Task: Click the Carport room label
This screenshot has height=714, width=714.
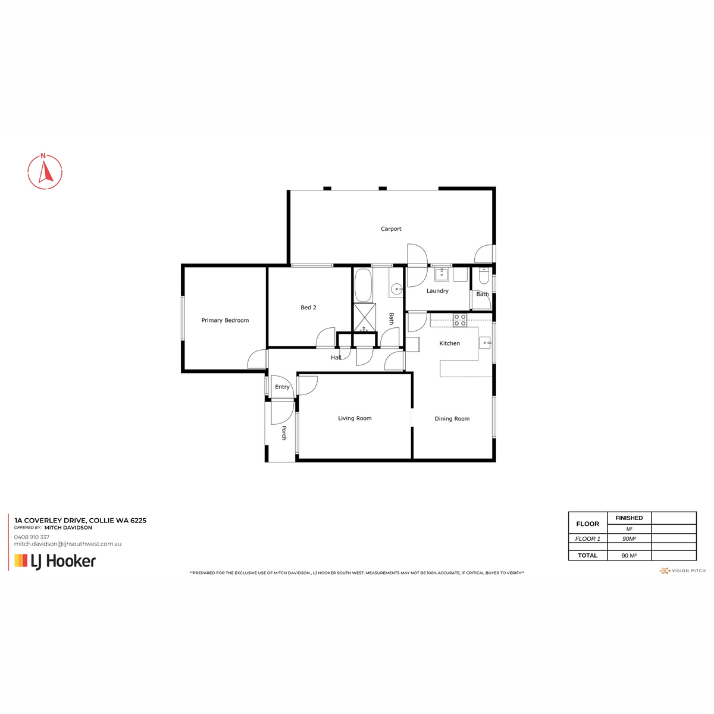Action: (x=391, y=229)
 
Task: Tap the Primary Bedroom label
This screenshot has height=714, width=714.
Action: (x=225, y=321)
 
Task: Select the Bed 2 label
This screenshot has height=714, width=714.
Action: (x=308, y=308)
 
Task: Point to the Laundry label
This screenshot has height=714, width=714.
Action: (x=437, y=291)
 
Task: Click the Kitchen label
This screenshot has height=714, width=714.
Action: (x=449, y=343)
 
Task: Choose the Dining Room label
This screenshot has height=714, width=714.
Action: (x=452, y=419)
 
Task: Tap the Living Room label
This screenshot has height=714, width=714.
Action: (x=355, y=418)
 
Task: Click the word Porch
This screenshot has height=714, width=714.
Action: (x=284, y=433)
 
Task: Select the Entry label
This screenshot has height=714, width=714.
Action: (x=282, y=387)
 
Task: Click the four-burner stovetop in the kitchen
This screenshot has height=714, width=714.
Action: (x=460, y=320)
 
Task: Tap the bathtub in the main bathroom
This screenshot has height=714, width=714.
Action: (x=363, y=285)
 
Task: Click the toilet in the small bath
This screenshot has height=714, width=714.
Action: (x=484, y=275)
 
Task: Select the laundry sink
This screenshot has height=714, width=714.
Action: (x=441, y=275)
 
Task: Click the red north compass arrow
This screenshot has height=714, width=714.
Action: (x=46, y=173)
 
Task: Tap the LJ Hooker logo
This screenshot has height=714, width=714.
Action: (x=55, y=561)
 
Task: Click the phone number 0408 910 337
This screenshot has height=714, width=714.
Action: (x=32, y=537)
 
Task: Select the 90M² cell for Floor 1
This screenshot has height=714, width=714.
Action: (x=629, y=538)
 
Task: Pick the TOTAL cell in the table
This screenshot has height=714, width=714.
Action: (x=588, y=555)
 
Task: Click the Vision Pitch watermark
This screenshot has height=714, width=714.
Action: (x=682, y=571)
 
